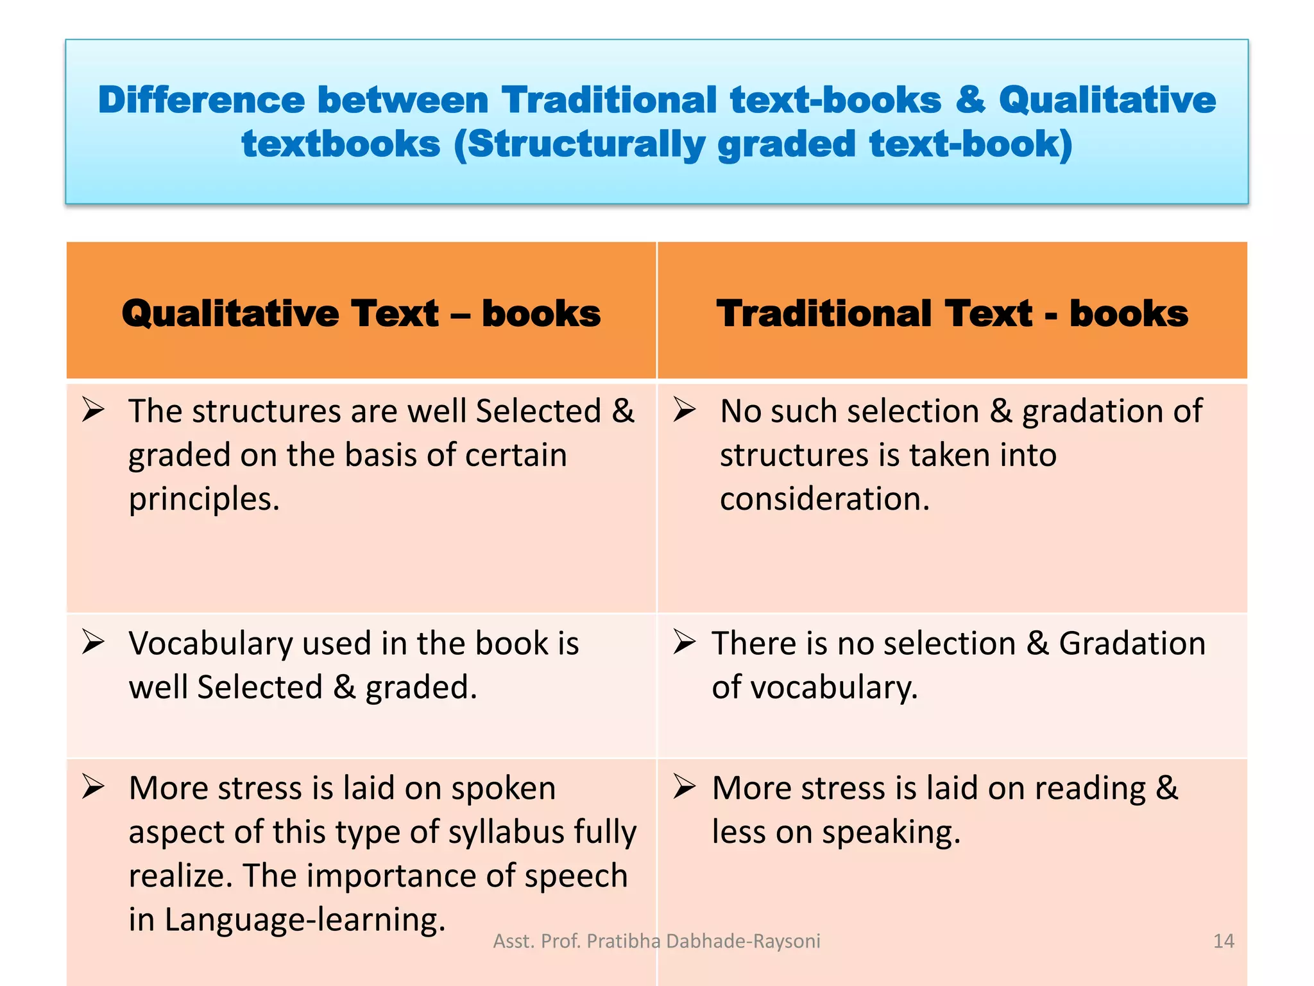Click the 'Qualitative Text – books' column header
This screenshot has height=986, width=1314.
click(361, 313)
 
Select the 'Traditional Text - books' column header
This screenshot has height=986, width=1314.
click(952, 313)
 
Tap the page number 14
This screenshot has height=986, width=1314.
click(1224, 941)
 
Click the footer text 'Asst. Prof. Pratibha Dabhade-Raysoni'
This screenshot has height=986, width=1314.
click(656, 941)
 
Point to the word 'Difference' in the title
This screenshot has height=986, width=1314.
click(201, 100)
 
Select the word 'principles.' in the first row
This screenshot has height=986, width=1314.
click(204, 499)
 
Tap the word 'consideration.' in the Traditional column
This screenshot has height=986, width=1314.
click(824, 499)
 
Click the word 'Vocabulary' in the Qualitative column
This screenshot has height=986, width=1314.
click(210, 643)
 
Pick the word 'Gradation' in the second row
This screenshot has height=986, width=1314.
click(1132, 643)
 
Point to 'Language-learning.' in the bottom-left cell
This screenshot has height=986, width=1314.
click(305, 919)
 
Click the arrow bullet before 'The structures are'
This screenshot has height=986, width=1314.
click(93, 410)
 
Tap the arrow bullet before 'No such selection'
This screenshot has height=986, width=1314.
click(685, 410)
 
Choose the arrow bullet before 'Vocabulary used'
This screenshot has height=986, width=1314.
click(93, 642)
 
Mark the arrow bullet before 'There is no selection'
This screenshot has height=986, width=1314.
click(685, 642)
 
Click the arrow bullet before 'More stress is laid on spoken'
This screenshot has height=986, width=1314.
click(93, 787)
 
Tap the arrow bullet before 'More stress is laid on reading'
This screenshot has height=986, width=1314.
click(685, 787)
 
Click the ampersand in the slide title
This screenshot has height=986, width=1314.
click(970, 100)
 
